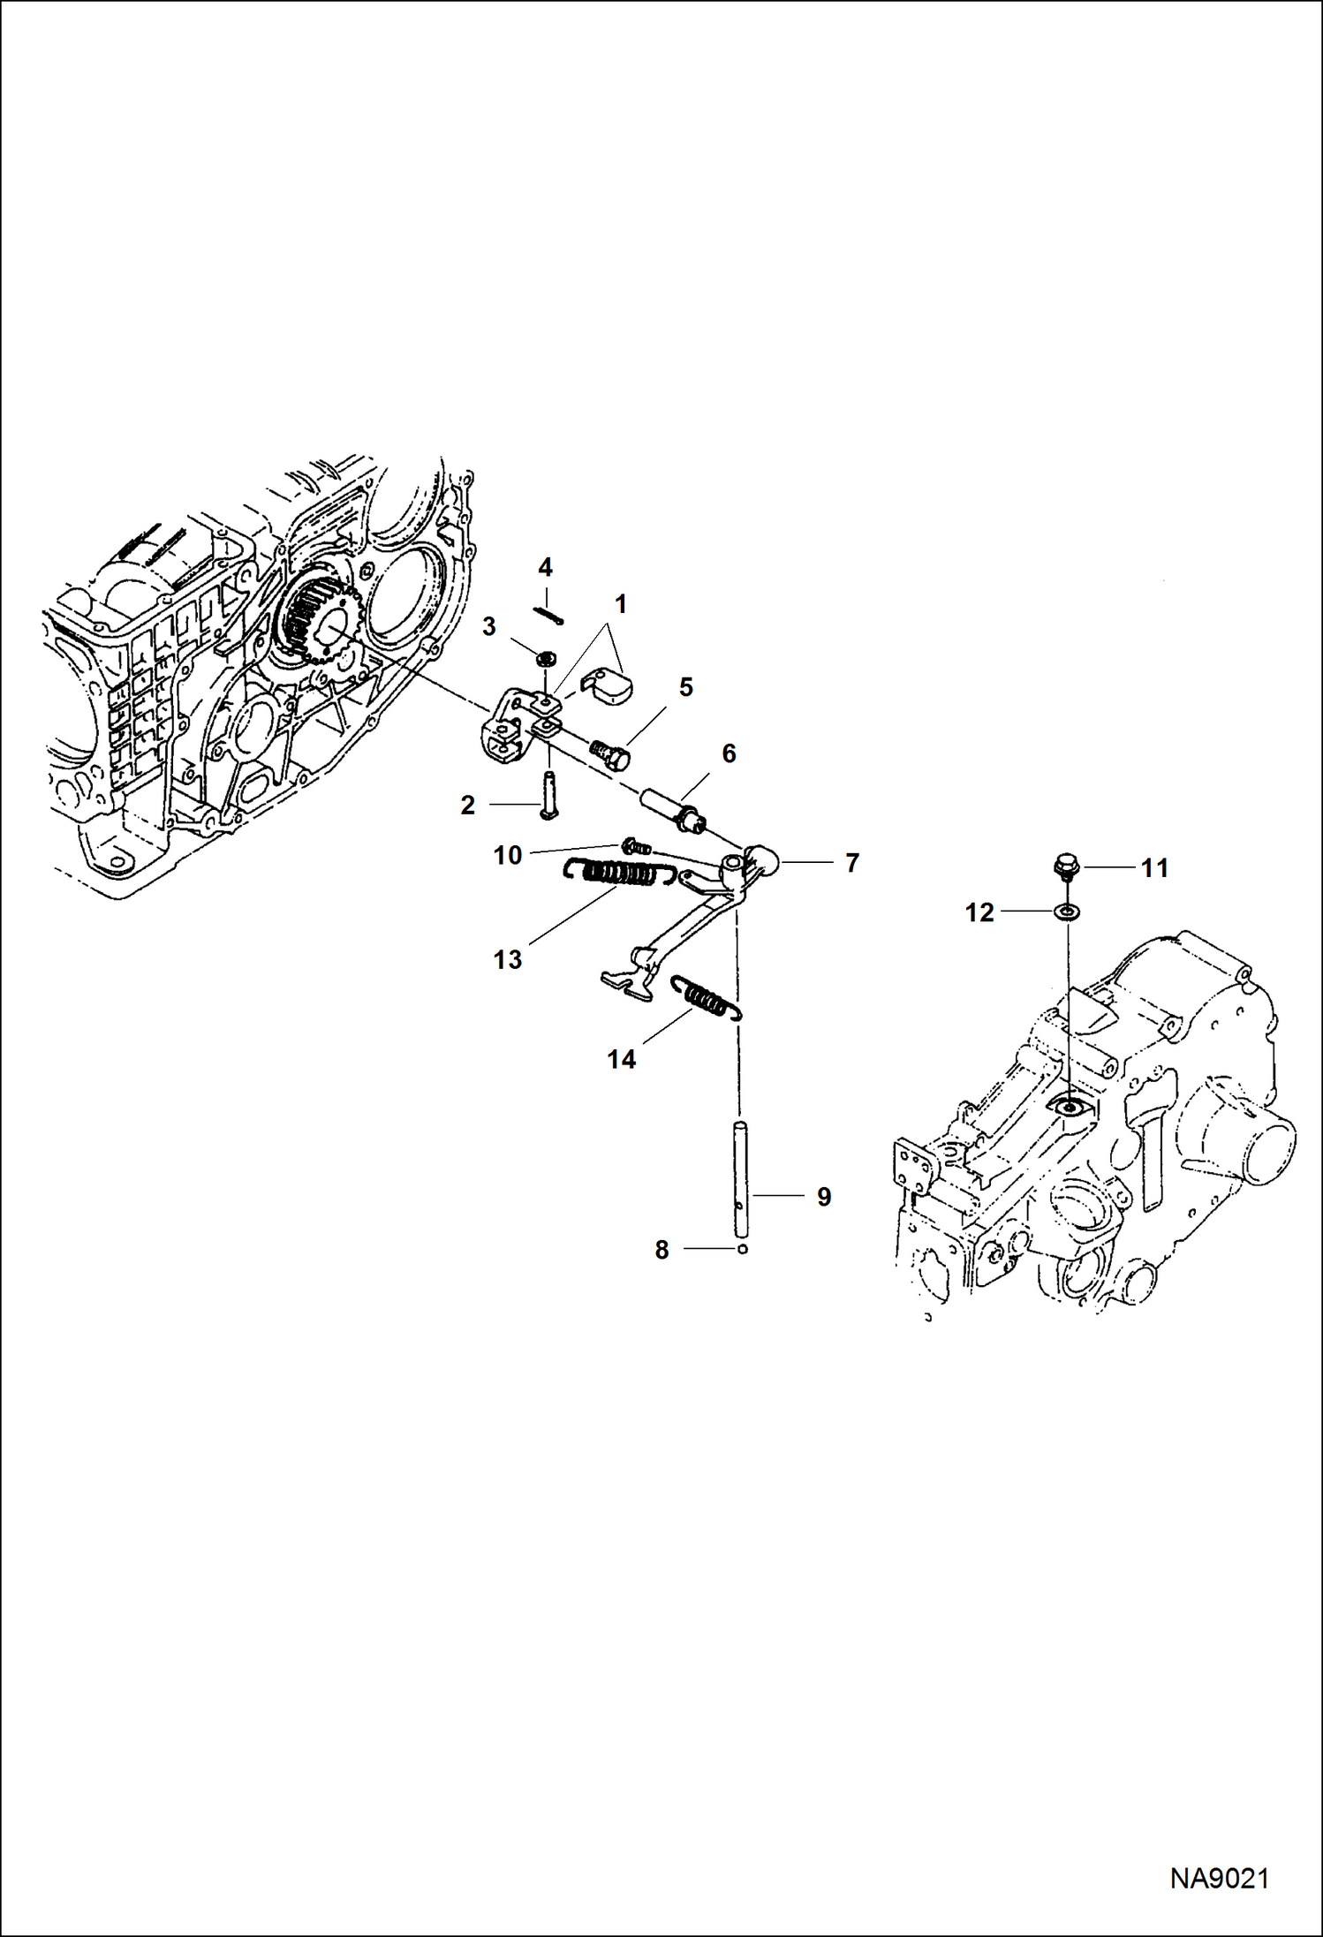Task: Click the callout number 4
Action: pos(545,566)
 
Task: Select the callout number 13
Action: pos(508,959)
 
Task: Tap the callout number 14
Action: pos(621,1058)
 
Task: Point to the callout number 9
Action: pos(823,1197)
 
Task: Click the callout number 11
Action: pos(1154,868)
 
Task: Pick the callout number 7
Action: pos(851,863)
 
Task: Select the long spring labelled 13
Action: pos(622,874)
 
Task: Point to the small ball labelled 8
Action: pos(743,1249)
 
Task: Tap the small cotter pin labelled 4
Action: pos(548,615)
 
